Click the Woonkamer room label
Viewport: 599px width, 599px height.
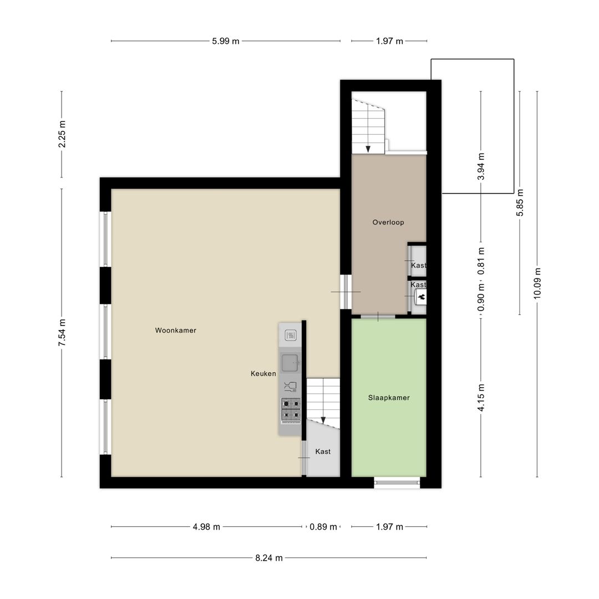click(176, 331)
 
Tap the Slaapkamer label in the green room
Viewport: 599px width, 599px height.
click(389, 398)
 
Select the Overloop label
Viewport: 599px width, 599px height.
click(388, 222)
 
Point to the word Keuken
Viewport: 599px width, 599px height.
click(263, 374)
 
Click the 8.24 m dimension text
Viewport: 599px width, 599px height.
click(269, 558)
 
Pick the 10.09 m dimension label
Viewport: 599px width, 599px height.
click(537, 283)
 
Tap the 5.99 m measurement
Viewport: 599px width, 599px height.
click(226, 41)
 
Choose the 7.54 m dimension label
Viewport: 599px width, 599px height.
click(62, 332)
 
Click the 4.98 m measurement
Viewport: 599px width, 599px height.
click(206, 527)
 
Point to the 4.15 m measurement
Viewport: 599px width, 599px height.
click(481, 398)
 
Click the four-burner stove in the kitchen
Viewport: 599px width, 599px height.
click(291, 409)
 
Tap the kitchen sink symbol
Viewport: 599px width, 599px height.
click(290, 363)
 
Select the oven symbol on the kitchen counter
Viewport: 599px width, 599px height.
click(291, 335)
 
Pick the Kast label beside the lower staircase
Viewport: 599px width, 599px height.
click(323, 451)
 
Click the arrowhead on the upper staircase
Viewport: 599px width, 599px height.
click(368, 149)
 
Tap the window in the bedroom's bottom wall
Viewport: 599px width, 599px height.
click(397, 483)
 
